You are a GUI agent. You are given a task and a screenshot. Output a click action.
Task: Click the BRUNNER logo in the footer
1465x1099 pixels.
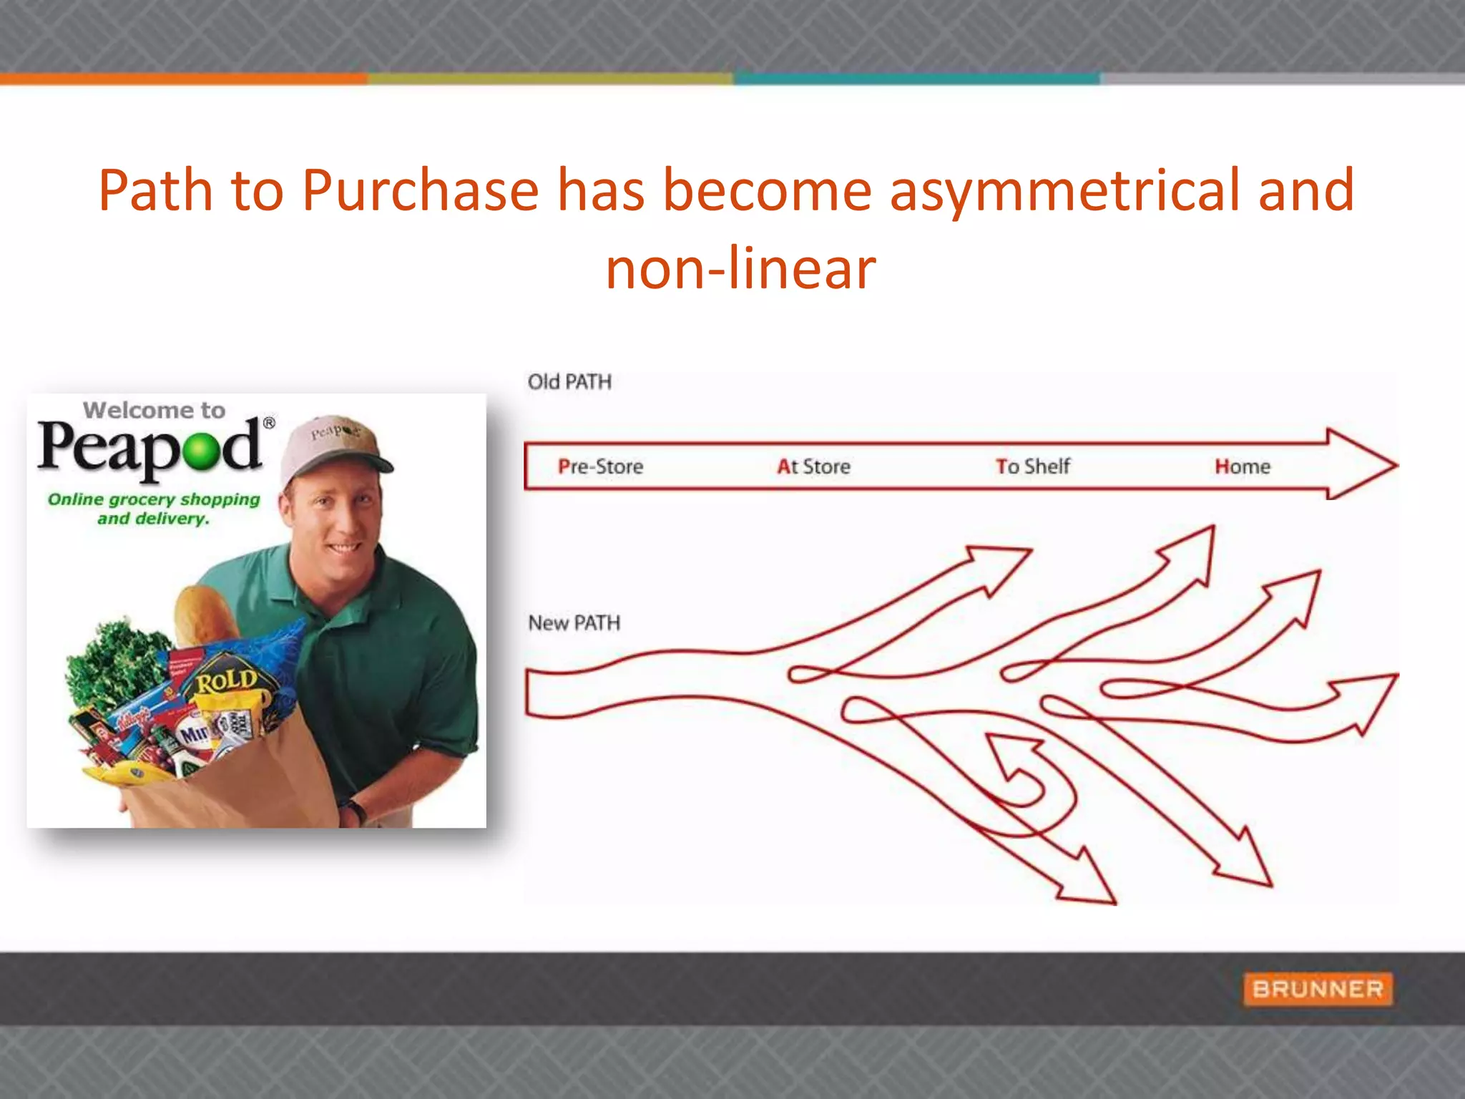1318,989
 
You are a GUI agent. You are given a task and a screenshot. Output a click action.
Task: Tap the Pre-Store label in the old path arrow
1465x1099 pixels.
600,467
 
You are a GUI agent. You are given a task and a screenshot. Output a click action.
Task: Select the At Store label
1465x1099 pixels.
813,467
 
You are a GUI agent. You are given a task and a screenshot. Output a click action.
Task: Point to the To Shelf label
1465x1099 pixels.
1032,467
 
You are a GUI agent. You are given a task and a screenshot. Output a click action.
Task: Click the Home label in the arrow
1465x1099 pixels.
1242,467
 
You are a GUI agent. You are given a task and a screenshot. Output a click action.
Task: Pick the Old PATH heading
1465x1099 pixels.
569,382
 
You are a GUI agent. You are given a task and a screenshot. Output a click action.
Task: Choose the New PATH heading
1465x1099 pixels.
574,623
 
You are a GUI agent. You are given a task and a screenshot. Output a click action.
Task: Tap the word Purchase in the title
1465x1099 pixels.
420,190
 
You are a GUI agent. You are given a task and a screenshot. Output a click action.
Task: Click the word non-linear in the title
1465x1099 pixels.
740,269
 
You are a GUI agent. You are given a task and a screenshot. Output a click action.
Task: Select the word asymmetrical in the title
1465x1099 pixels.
1064,190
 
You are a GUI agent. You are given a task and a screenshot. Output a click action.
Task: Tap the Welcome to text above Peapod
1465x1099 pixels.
154,410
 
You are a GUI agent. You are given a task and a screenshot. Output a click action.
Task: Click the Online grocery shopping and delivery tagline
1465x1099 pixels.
154,509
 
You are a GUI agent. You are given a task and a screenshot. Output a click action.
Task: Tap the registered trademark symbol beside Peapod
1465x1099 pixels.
269,423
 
